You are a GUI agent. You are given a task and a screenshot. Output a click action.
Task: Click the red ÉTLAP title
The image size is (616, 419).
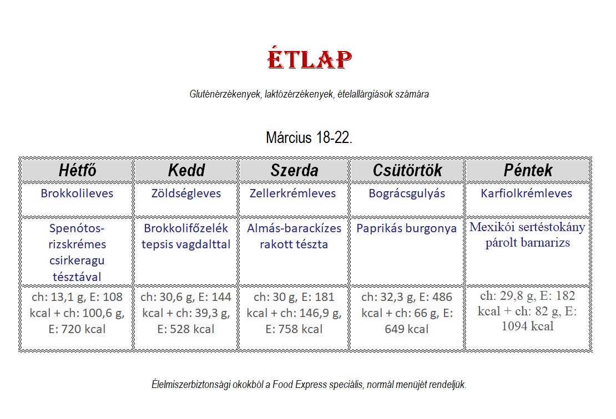pos(309,59)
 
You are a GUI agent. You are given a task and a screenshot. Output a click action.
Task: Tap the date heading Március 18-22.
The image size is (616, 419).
pos(309,137)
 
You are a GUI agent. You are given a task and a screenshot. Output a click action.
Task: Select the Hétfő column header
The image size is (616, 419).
pos(77,170)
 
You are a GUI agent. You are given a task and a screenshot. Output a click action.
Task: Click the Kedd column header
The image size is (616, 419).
pos(186,170)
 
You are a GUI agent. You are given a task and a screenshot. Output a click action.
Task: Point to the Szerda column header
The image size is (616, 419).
pos(294,170)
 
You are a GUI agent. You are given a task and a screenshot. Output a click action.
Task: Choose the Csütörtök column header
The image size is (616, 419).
pos(407,170)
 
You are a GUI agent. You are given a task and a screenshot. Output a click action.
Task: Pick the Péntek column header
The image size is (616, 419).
pos(528,170)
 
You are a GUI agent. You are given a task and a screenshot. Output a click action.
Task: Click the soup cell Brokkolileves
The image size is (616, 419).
pos(77,193)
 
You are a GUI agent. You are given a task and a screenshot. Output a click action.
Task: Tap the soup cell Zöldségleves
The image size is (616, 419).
pos(186,193)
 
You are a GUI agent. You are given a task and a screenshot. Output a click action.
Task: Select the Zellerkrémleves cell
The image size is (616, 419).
pos(293,193)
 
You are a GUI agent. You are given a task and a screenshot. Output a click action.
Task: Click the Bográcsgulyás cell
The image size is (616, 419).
pos(407,193)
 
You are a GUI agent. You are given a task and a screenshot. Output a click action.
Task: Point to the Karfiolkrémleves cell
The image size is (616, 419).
pos(527,193)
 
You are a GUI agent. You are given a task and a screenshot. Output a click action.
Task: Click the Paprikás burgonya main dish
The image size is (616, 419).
pos(407,228)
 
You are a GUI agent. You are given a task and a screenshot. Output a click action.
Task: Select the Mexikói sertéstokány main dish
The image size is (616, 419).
pos(527,227)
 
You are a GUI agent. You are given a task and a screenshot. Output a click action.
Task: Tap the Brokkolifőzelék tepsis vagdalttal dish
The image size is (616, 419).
pos(186,236)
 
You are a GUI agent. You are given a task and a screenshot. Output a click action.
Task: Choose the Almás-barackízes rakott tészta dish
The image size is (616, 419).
pos(294,236)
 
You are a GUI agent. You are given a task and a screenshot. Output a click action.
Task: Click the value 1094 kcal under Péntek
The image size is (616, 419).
pos(527,326)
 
